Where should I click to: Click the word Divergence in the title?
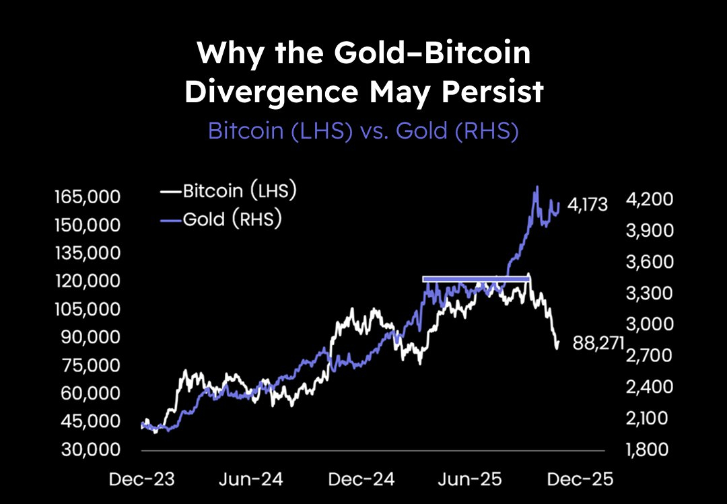(269, 92)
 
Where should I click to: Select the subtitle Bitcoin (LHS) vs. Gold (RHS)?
(363, 131)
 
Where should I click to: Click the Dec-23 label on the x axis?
(143, 480)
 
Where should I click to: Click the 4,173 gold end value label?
(588, 205)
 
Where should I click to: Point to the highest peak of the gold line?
(536, 187)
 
